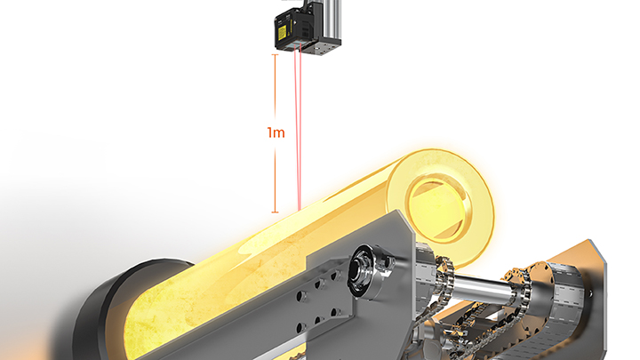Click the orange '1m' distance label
coord(276,132)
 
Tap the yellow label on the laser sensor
coord(282,31)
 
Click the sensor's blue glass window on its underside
coord(295,46)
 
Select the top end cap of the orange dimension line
coord(275,55)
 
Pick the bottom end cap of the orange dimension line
coord(275,212)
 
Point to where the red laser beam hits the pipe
coord(300,210)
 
